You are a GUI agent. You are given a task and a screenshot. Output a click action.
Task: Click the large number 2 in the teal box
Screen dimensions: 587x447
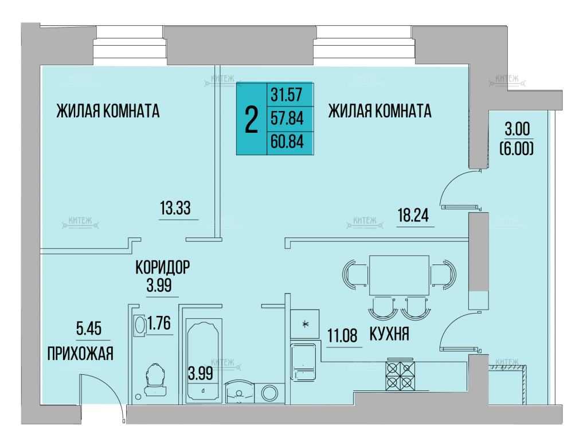pos(251,119)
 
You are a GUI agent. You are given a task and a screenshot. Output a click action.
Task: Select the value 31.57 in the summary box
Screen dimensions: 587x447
pos(287,94)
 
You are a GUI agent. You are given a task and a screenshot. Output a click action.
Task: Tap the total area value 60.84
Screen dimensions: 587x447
pos(287,142)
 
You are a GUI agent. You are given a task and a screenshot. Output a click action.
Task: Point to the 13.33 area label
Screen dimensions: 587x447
pos(175,208)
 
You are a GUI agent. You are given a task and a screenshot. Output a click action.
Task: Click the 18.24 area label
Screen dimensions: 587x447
pos(413,215)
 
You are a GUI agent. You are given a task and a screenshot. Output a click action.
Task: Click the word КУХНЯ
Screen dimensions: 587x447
pos(389,333)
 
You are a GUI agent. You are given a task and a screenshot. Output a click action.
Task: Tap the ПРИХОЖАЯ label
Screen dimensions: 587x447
pos(80,353)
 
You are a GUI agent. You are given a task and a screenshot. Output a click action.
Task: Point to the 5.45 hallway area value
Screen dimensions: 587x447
pos(89,329)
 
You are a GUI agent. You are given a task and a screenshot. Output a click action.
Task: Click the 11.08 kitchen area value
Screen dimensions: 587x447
pos(342,335)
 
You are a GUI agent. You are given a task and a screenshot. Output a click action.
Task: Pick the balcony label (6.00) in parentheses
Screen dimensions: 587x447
pos(516,149)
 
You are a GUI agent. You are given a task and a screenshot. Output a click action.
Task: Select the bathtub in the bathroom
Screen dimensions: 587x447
pos(202,361)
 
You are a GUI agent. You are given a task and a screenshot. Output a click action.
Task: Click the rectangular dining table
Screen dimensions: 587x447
pos(399,276)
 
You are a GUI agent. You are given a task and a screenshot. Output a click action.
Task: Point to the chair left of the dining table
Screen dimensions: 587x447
pos(354,274)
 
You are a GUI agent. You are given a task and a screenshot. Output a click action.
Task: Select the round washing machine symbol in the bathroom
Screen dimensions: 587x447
pos(269,393)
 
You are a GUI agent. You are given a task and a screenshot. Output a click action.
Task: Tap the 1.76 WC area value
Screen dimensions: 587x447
pos(159,323)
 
